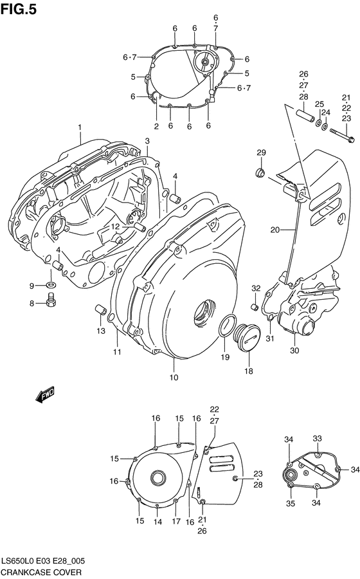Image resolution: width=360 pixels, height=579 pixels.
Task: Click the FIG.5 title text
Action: tap(20, 8)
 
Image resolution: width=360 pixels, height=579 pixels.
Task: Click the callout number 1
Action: tap(80, 127)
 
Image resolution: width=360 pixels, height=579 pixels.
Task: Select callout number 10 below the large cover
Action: tap(174, 377)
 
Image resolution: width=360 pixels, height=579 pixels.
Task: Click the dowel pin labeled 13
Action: tap(100, 310)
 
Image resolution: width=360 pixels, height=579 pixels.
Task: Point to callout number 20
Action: tap(274, 230)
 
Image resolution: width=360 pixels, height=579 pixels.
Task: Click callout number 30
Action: tap(295, 351)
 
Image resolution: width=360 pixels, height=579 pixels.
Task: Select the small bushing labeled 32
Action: tap(255, 307)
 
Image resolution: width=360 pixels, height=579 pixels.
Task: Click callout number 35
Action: tap(290, 503)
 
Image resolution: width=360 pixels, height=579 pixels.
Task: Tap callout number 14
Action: tap(157, 523)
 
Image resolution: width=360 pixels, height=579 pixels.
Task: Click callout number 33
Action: tap(317, 438)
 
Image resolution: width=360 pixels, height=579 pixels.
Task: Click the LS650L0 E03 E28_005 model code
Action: tap(46, 561)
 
